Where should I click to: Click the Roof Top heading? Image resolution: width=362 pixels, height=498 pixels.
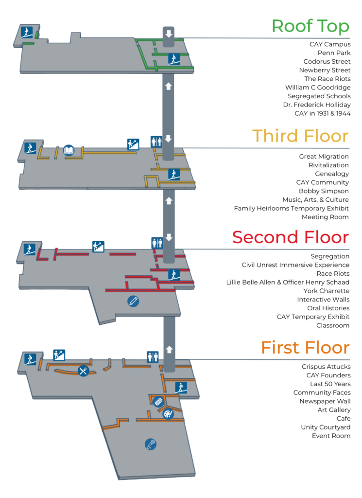pos(310,27)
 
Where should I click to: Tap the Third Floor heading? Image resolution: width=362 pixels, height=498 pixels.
pos(300,136)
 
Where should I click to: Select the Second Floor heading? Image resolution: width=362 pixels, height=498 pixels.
pos(290,237)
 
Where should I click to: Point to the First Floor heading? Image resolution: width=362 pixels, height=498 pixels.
pos(305,347)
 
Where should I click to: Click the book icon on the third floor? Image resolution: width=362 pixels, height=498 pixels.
pos(69,150)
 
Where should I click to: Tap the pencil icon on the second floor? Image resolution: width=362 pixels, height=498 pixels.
pos(133,301)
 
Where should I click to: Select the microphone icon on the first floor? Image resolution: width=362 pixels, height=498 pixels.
pos(151,444)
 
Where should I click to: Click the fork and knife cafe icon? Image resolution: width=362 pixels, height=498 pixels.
pos(84,371)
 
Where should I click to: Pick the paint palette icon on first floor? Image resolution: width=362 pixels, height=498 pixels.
pos(168,414)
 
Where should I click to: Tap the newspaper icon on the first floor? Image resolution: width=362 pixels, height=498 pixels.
pos(158,402)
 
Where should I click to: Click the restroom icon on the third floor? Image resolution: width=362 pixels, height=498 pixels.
pos(156,142)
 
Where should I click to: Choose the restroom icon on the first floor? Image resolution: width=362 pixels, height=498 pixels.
pos(153,357)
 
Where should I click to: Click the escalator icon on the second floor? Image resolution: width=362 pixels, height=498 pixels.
pos(98,247)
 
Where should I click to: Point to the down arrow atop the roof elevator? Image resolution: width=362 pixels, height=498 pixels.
pos(169,34)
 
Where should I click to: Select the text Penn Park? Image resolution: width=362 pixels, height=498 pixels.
pos(334,53)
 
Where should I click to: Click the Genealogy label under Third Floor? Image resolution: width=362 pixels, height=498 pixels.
pos(332,174)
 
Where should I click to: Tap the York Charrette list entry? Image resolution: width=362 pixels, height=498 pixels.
pos(326,291)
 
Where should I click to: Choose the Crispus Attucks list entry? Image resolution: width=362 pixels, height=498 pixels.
pos(326,367)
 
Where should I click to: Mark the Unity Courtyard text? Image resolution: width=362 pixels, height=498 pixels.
pos(326,427)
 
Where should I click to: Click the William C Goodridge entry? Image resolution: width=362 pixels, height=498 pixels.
pos(318,88)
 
